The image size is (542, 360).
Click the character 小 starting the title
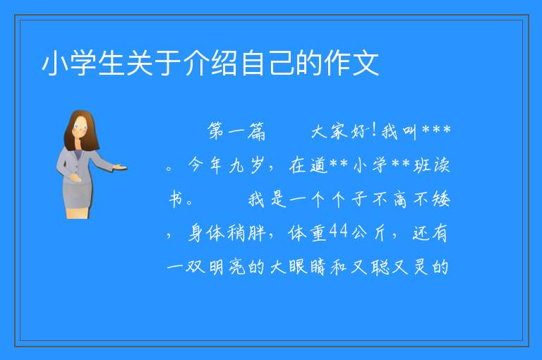pyautogui.click(x=55, y=64)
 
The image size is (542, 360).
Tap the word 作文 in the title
pyautogui.click(x=351, y=64)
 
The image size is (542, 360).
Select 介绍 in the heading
pyautogui.click(x=211, y=64)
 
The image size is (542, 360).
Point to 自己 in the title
pyautogui.click(x=267, y=64)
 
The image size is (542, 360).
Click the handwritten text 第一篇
pyautogui.click(x=236, y=131)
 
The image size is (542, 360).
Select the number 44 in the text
pyautogui.click(x=339, y=231)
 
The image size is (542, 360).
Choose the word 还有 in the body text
pyautogui.click(x=430, y=233)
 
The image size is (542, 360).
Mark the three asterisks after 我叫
pyautogui.click(x=437, y=130)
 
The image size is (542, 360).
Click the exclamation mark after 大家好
pyautogui.click(x=374, y=131)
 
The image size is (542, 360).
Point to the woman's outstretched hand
pyautogui.click(x=119, y=168)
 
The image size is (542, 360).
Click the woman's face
pyautogui.click(x=80, y=126)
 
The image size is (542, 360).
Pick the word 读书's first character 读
pyautogui.click(x=441, y=164)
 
